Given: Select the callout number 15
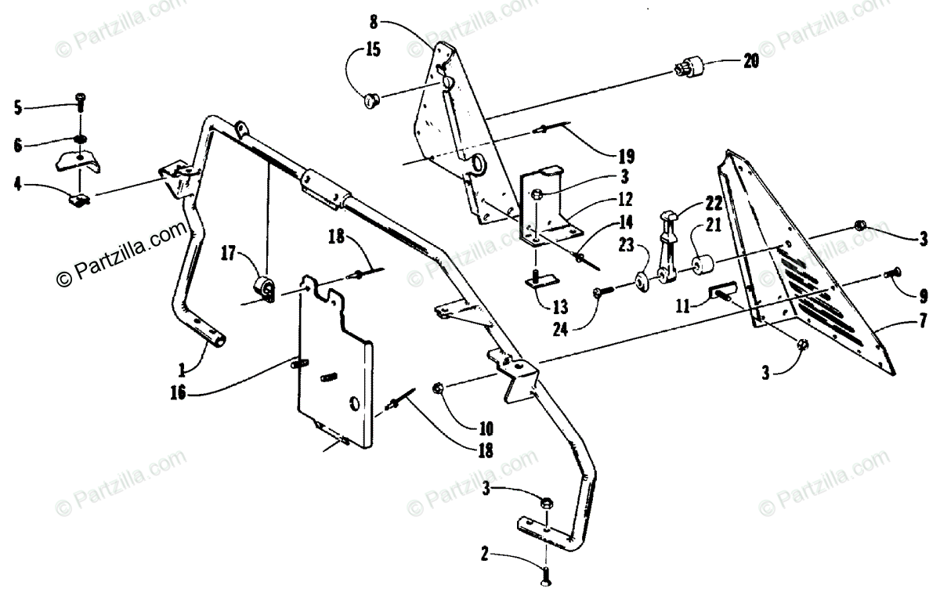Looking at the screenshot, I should coord(372,52).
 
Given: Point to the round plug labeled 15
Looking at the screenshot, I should coord(373,99).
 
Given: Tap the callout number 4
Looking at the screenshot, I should coord(19,186).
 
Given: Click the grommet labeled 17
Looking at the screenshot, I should coord(266,289).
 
